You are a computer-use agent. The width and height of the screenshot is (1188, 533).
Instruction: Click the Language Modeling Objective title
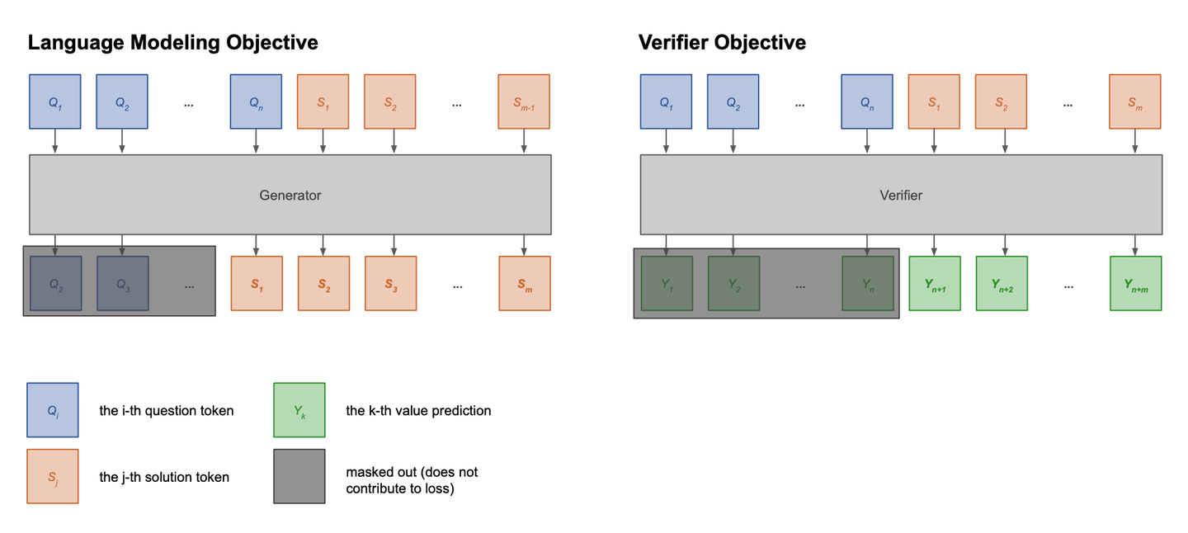(x=172, y=43)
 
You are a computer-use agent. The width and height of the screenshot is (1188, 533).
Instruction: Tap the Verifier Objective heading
(x=722, y=43)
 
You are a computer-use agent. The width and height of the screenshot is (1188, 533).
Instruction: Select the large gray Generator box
(x=290, y=196)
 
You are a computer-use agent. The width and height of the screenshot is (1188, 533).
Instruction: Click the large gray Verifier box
(x=901, y=196)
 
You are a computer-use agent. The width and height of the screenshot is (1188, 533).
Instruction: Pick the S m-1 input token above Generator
(x=524, y=102)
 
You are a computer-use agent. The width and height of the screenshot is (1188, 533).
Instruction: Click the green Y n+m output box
(x=1135, y=284)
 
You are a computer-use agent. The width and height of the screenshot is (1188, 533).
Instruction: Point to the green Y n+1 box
(x=935, y=284)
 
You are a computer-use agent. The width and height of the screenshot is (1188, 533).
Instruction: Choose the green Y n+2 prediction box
(x=1002, y=284)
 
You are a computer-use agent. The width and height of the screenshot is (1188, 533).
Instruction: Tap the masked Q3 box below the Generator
(x=123, y=284)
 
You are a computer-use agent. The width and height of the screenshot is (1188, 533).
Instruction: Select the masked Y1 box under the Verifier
(x=667, y=284)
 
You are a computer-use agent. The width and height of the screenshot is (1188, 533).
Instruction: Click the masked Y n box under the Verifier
(x=867, y=284)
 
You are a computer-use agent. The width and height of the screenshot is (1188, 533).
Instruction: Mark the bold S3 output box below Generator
(x=390, y=284)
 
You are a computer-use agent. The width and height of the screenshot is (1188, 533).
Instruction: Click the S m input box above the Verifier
(x=1135, y=102)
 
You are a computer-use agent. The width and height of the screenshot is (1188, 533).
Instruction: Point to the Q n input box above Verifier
(x=867, y=102)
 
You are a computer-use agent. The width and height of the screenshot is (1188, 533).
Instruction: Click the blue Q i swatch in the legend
(x=53, y=410)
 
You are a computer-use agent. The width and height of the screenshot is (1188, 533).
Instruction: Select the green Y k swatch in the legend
(x=299, y=410)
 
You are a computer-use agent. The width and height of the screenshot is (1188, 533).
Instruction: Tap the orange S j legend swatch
(x=53, y=476)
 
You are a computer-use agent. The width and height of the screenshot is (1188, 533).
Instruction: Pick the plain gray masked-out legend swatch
(x=299, y=476)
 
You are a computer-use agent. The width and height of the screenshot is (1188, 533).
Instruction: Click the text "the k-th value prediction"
(x=418, y=411)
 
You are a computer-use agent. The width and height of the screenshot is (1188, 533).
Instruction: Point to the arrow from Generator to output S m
(x=524, y=245)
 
